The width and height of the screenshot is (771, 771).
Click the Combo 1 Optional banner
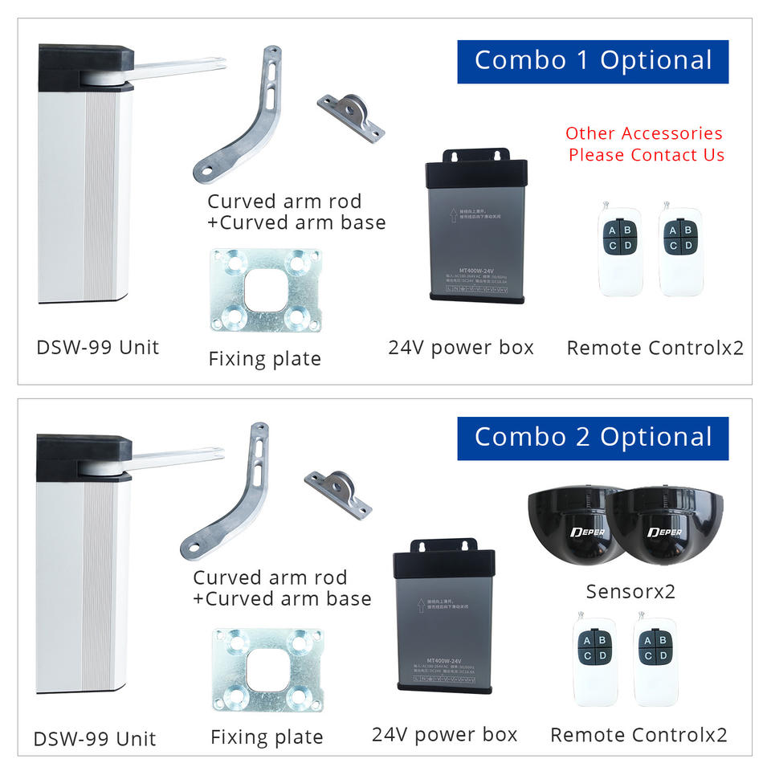point(593,61)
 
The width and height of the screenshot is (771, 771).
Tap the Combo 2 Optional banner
point(593,438)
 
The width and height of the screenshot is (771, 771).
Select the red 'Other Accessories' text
point(644,133)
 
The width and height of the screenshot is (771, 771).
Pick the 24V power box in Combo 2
point(445,614)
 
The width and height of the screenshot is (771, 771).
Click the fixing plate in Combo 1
point(266,291)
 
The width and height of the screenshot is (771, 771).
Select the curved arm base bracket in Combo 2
point(338,493)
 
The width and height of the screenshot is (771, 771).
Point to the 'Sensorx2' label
point(630,592)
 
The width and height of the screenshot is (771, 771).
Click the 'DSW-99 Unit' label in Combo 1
point(98,348)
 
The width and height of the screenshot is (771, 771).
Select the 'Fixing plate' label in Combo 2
point(267,737)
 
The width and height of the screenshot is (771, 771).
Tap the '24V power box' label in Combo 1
point(461,348)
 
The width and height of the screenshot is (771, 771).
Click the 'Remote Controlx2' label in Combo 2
point(638,735)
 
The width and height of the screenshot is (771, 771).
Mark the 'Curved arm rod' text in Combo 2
point(270,577)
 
